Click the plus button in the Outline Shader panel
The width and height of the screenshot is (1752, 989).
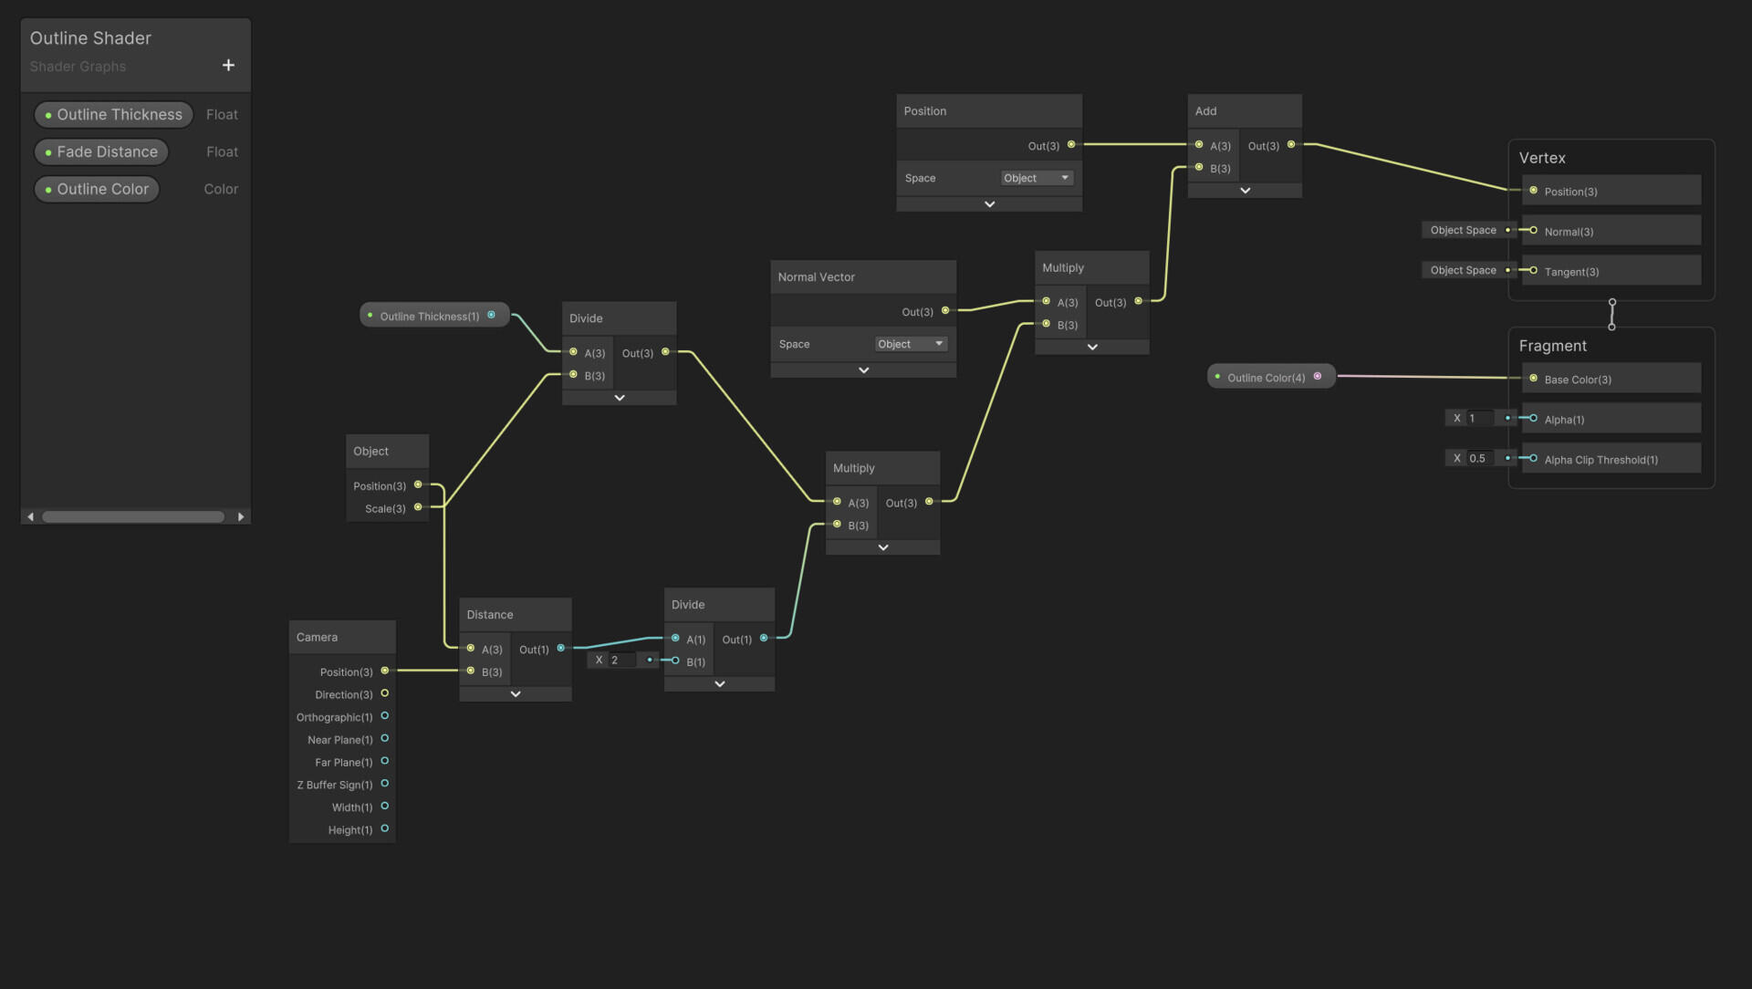click(228, 65)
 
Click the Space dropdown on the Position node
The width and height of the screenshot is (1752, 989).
click(1037, 178)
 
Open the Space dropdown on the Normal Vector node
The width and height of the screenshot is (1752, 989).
click(911, 344)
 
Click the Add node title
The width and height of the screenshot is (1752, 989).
click(1205, 111)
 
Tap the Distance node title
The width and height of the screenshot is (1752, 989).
click(490, 615)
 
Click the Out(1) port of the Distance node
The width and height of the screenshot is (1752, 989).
click(561, 649)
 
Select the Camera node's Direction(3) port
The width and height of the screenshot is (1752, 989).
click(385, 694)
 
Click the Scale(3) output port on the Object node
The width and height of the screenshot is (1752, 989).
click(418, 507)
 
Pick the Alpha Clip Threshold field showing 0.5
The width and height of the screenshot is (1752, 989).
click(1479, 458)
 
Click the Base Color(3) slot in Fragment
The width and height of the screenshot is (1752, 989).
click(1611, 379)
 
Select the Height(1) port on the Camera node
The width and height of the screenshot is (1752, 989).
click(385, 829)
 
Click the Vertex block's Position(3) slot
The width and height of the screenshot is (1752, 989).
click(1611, 191)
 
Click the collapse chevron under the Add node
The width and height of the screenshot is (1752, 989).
click(1245, 191)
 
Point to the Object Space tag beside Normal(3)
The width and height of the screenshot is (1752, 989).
click(1463, 230)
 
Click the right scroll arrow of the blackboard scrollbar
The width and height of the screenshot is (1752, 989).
click(241, 517)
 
